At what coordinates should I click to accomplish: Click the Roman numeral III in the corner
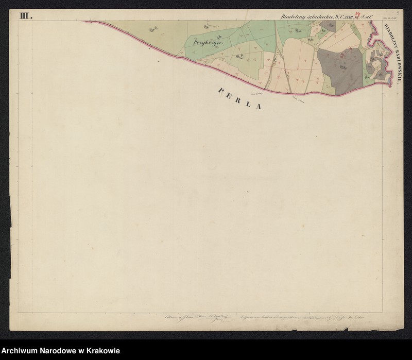(25, 15)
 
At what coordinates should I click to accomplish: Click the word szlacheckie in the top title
(316, 16)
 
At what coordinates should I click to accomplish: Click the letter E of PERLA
(231, 94)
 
